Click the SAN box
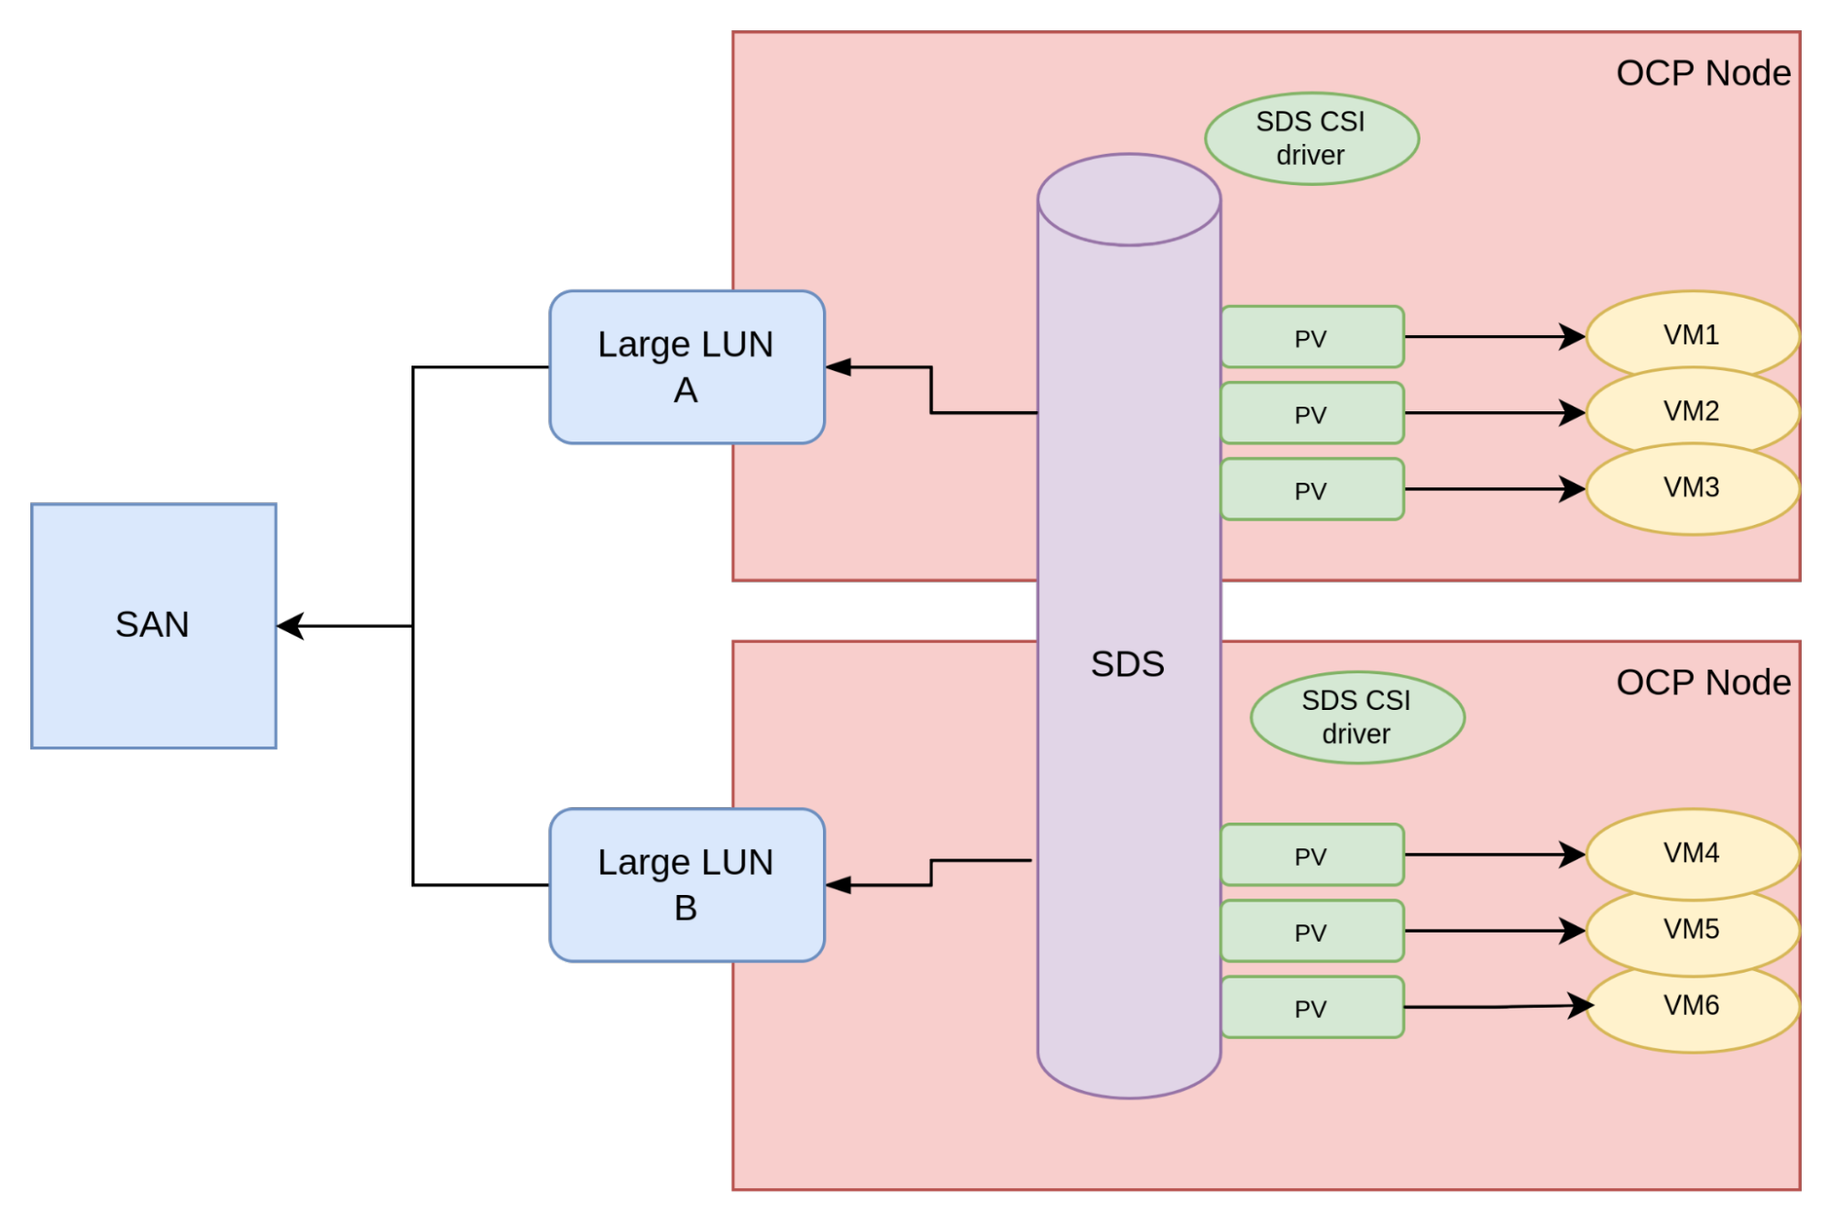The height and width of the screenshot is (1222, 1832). [154, 626]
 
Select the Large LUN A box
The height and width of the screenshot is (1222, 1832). [686, 367]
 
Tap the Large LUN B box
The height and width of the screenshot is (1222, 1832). [686, 885]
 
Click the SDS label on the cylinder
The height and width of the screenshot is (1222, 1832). [1127, 664]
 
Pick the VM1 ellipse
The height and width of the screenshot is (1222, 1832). [1692, 334]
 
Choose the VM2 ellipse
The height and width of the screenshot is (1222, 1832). [1692, 411]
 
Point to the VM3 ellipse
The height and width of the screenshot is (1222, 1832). [1692, 488]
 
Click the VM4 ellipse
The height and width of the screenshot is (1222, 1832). [1692, 853]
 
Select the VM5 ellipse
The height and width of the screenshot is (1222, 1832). [1692, 930]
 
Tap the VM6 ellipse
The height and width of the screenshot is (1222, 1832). [1692, 1006]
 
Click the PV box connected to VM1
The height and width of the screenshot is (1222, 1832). [1311, 337]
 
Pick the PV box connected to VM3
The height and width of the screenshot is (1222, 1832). [1311, 490]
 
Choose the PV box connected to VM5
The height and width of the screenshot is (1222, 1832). [1311, 932]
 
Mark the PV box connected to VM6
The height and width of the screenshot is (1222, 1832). [1311, 1008]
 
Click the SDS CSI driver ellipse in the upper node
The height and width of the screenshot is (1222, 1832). [1311, 138]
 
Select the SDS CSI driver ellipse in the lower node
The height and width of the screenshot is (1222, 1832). [1357, 717]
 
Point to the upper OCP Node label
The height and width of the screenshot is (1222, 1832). [1703, 73]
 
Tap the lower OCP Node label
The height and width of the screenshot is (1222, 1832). [1703, 682]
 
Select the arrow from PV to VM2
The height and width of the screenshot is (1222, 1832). [1494, 413]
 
